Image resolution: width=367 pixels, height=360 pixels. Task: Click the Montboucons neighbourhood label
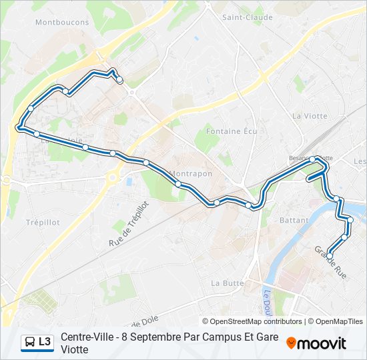pos(62,22)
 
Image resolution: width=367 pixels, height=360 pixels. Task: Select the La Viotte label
pos(310,116)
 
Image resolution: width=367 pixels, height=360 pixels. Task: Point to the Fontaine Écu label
pos(232,131)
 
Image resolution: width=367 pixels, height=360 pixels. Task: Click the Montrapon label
pos(191,173)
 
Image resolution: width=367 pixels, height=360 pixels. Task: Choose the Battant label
pos(294,220)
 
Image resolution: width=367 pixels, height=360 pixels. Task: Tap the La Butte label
pos(228,283)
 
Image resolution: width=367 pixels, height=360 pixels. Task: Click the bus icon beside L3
pos(30,342)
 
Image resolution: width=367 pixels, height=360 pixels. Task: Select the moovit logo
pos(316,343)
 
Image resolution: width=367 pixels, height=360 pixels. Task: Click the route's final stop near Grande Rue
pos(330,255)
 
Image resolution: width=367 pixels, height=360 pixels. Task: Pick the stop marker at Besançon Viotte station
pos(312,159)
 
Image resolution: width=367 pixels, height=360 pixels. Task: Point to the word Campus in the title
pos(202,337)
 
